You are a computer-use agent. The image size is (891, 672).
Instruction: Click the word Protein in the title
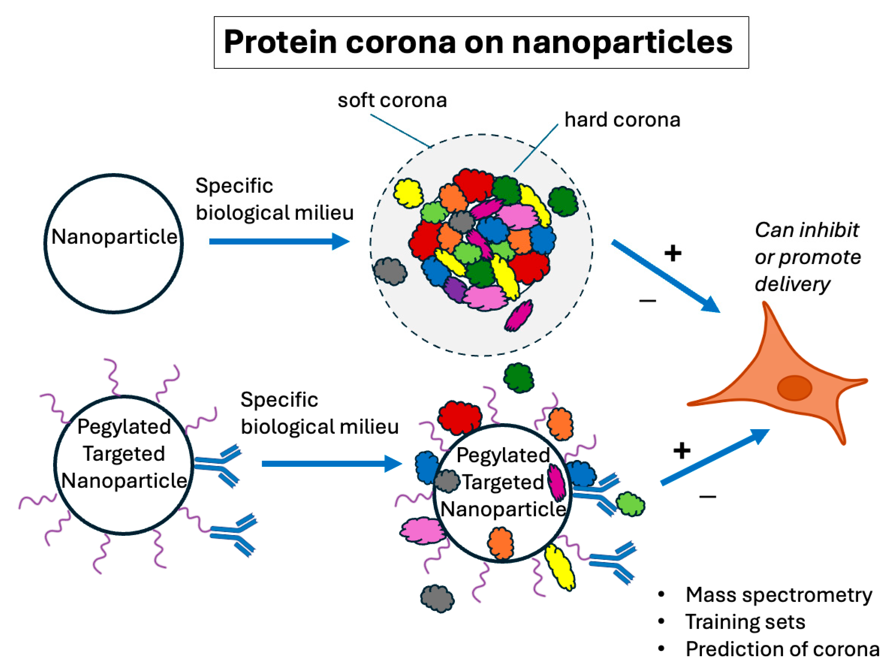pos(280,42)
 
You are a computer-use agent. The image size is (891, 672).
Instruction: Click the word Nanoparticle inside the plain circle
pos(114,237)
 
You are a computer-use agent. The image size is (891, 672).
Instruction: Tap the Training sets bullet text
pos(745,622)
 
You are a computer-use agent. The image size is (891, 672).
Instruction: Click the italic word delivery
pos(792,284)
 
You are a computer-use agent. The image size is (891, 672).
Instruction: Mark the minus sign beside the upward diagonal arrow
pos(708,497)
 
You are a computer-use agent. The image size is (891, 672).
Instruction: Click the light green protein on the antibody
pos(630,504)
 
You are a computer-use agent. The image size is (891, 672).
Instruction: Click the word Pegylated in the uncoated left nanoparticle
pos(124,426)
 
